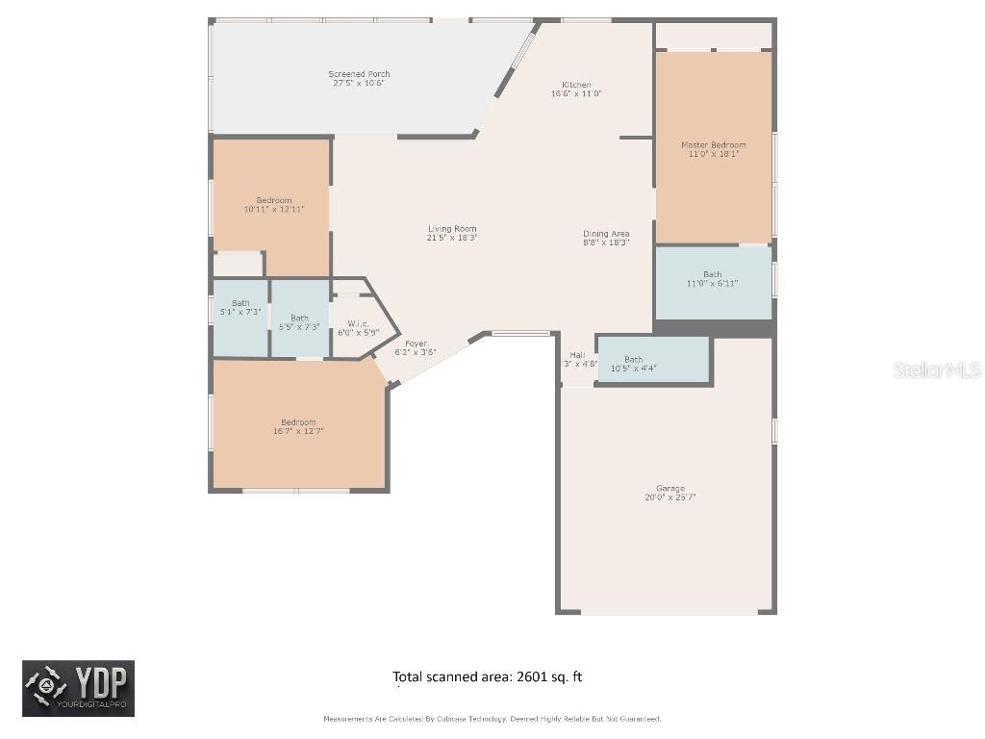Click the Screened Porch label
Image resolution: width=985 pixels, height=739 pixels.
359,74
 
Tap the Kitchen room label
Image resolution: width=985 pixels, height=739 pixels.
576,85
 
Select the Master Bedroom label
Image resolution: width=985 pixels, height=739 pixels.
713,145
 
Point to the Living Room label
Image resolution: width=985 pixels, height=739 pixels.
452,229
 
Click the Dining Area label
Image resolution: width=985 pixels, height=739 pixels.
606,234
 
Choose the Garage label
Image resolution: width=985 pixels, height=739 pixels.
669,489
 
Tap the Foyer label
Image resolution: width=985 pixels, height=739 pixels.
416,344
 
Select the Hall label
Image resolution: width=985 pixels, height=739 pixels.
577,355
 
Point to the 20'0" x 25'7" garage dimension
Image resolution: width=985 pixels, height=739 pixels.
669,497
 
